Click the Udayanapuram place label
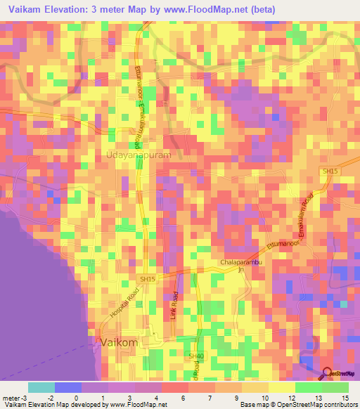click(x=139, y=155)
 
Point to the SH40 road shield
click(x=195, y=357)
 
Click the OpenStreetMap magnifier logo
click(x=328, y=374)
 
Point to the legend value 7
click(x=202, y=397)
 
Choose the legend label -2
click(x=41, y=397)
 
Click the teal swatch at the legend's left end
click(x=41, y=387)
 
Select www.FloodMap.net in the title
click(x=209, y=9)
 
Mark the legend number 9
click(x=229, y=397)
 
